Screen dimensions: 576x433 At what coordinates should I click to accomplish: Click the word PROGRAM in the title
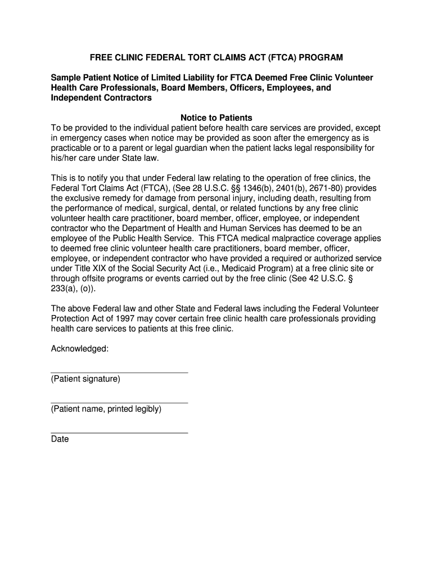[x=321, y=58]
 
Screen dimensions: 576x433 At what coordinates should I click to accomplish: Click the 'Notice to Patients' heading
[x=216, y=118]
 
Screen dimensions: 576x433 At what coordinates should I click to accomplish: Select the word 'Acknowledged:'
[x=80, y=349]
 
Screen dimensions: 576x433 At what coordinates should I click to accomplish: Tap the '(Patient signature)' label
[x=85, y=379]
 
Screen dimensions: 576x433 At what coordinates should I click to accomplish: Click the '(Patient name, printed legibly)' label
[x=106, y=409]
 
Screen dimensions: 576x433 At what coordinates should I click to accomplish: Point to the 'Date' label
[x=60, y=439]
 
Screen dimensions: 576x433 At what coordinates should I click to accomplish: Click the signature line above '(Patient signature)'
[x=119, y=372]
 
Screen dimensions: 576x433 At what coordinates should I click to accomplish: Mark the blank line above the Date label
[x=119, y=433]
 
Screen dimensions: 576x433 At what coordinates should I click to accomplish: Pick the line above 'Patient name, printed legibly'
[x=119, y=403]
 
